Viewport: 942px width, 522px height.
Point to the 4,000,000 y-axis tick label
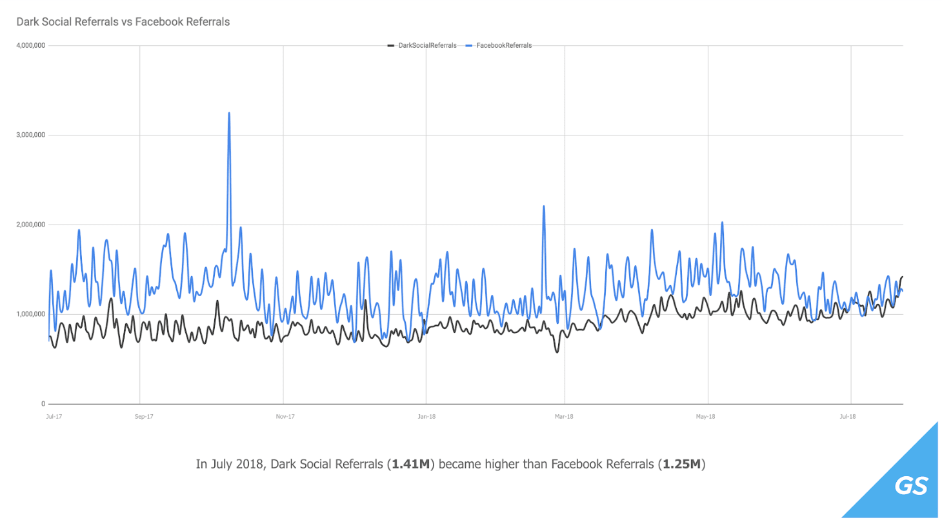click(x=30, y=46)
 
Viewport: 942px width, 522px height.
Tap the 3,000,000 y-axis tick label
click(x=30, y=136)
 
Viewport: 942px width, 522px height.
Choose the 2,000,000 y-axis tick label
click(x=30, y=225)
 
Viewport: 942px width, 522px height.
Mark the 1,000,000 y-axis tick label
click(x=30, y=315)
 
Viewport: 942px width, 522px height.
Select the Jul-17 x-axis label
click(x=54, y=417)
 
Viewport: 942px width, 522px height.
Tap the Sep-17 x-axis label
click(x=144, y=417)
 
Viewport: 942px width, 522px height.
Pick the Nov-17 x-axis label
click(x=285, y=417)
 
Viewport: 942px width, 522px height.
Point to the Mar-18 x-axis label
click(x=565, y=417)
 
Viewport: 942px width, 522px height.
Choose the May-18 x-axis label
click(x=706, y=417)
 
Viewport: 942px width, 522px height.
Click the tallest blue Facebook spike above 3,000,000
click(x=229, y=114)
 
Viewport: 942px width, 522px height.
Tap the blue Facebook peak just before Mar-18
click(x=544, y=207)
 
